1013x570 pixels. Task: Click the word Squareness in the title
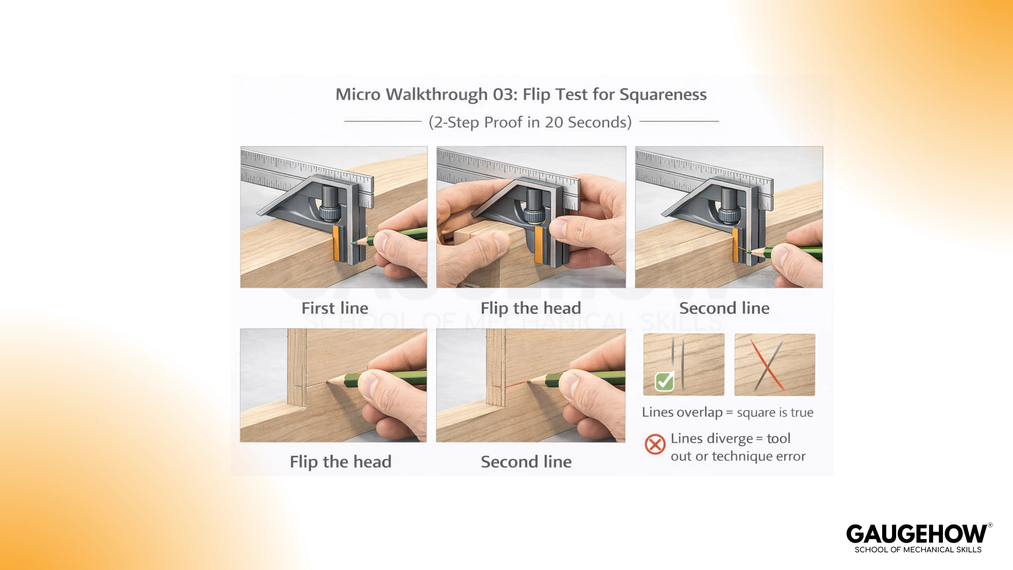(663, 94)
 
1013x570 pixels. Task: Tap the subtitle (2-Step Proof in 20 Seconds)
(530, 122)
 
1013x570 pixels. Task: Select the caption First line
(335, 308)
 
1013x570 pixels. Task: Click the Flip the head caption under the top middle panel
(531, 308)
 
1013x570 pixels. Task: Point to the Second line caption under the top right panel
(724, 308)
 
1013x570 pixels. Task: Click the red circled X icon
(655, 444)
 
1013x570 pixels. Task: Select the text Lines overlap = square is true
(727, 412)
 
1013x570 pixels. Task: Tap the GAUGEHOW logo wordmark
(917, 534)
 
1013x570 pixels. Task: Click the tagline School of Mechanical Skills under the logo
(918, 550)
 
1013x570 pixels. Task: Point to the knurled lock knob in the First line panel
(329, 213)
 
